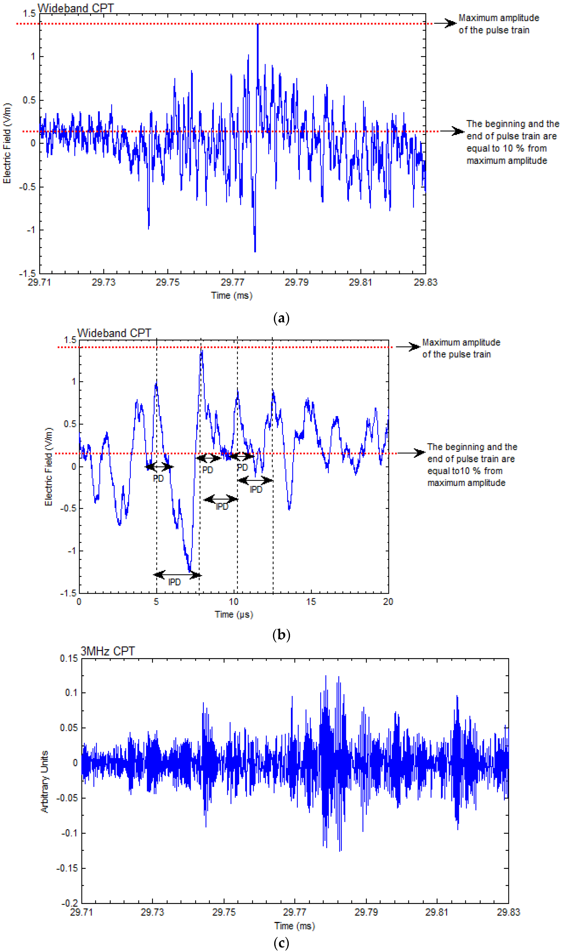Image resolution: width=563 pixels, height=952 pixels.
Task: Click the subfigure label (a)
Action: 281,318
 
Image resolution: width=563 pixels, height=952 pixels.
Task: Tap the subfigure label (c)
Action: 281,942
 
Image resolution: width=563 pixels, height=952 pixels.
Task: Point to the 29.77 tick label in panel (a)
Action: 232,282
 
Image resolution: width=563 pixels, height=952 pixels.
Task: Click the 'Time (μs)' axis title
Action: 234,614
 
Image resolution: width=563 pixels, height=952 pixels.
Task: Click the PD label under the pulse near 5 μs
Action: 158,478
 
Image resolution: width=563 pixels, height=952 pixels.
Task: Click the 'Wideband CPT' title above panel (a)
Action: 76,8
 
